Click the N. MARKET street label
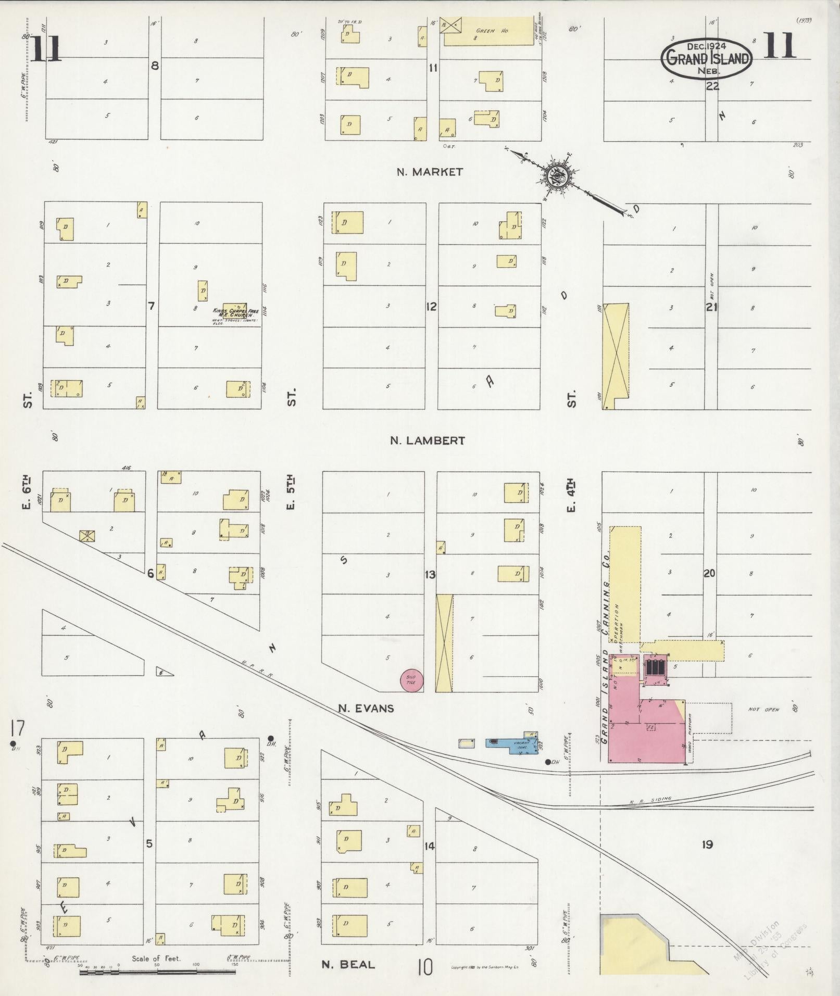point(430,172)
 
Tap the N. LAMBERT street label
point(427,441)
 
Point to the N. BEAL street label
point(348,965)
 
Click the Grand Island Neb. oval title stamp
point(707,59)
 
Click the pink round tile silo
point(411,680)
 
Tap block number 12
point(431,307)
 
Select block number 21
point(711,307)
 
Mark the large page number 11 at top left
point(46,48)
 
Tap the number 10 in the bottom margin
point(424,967)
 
